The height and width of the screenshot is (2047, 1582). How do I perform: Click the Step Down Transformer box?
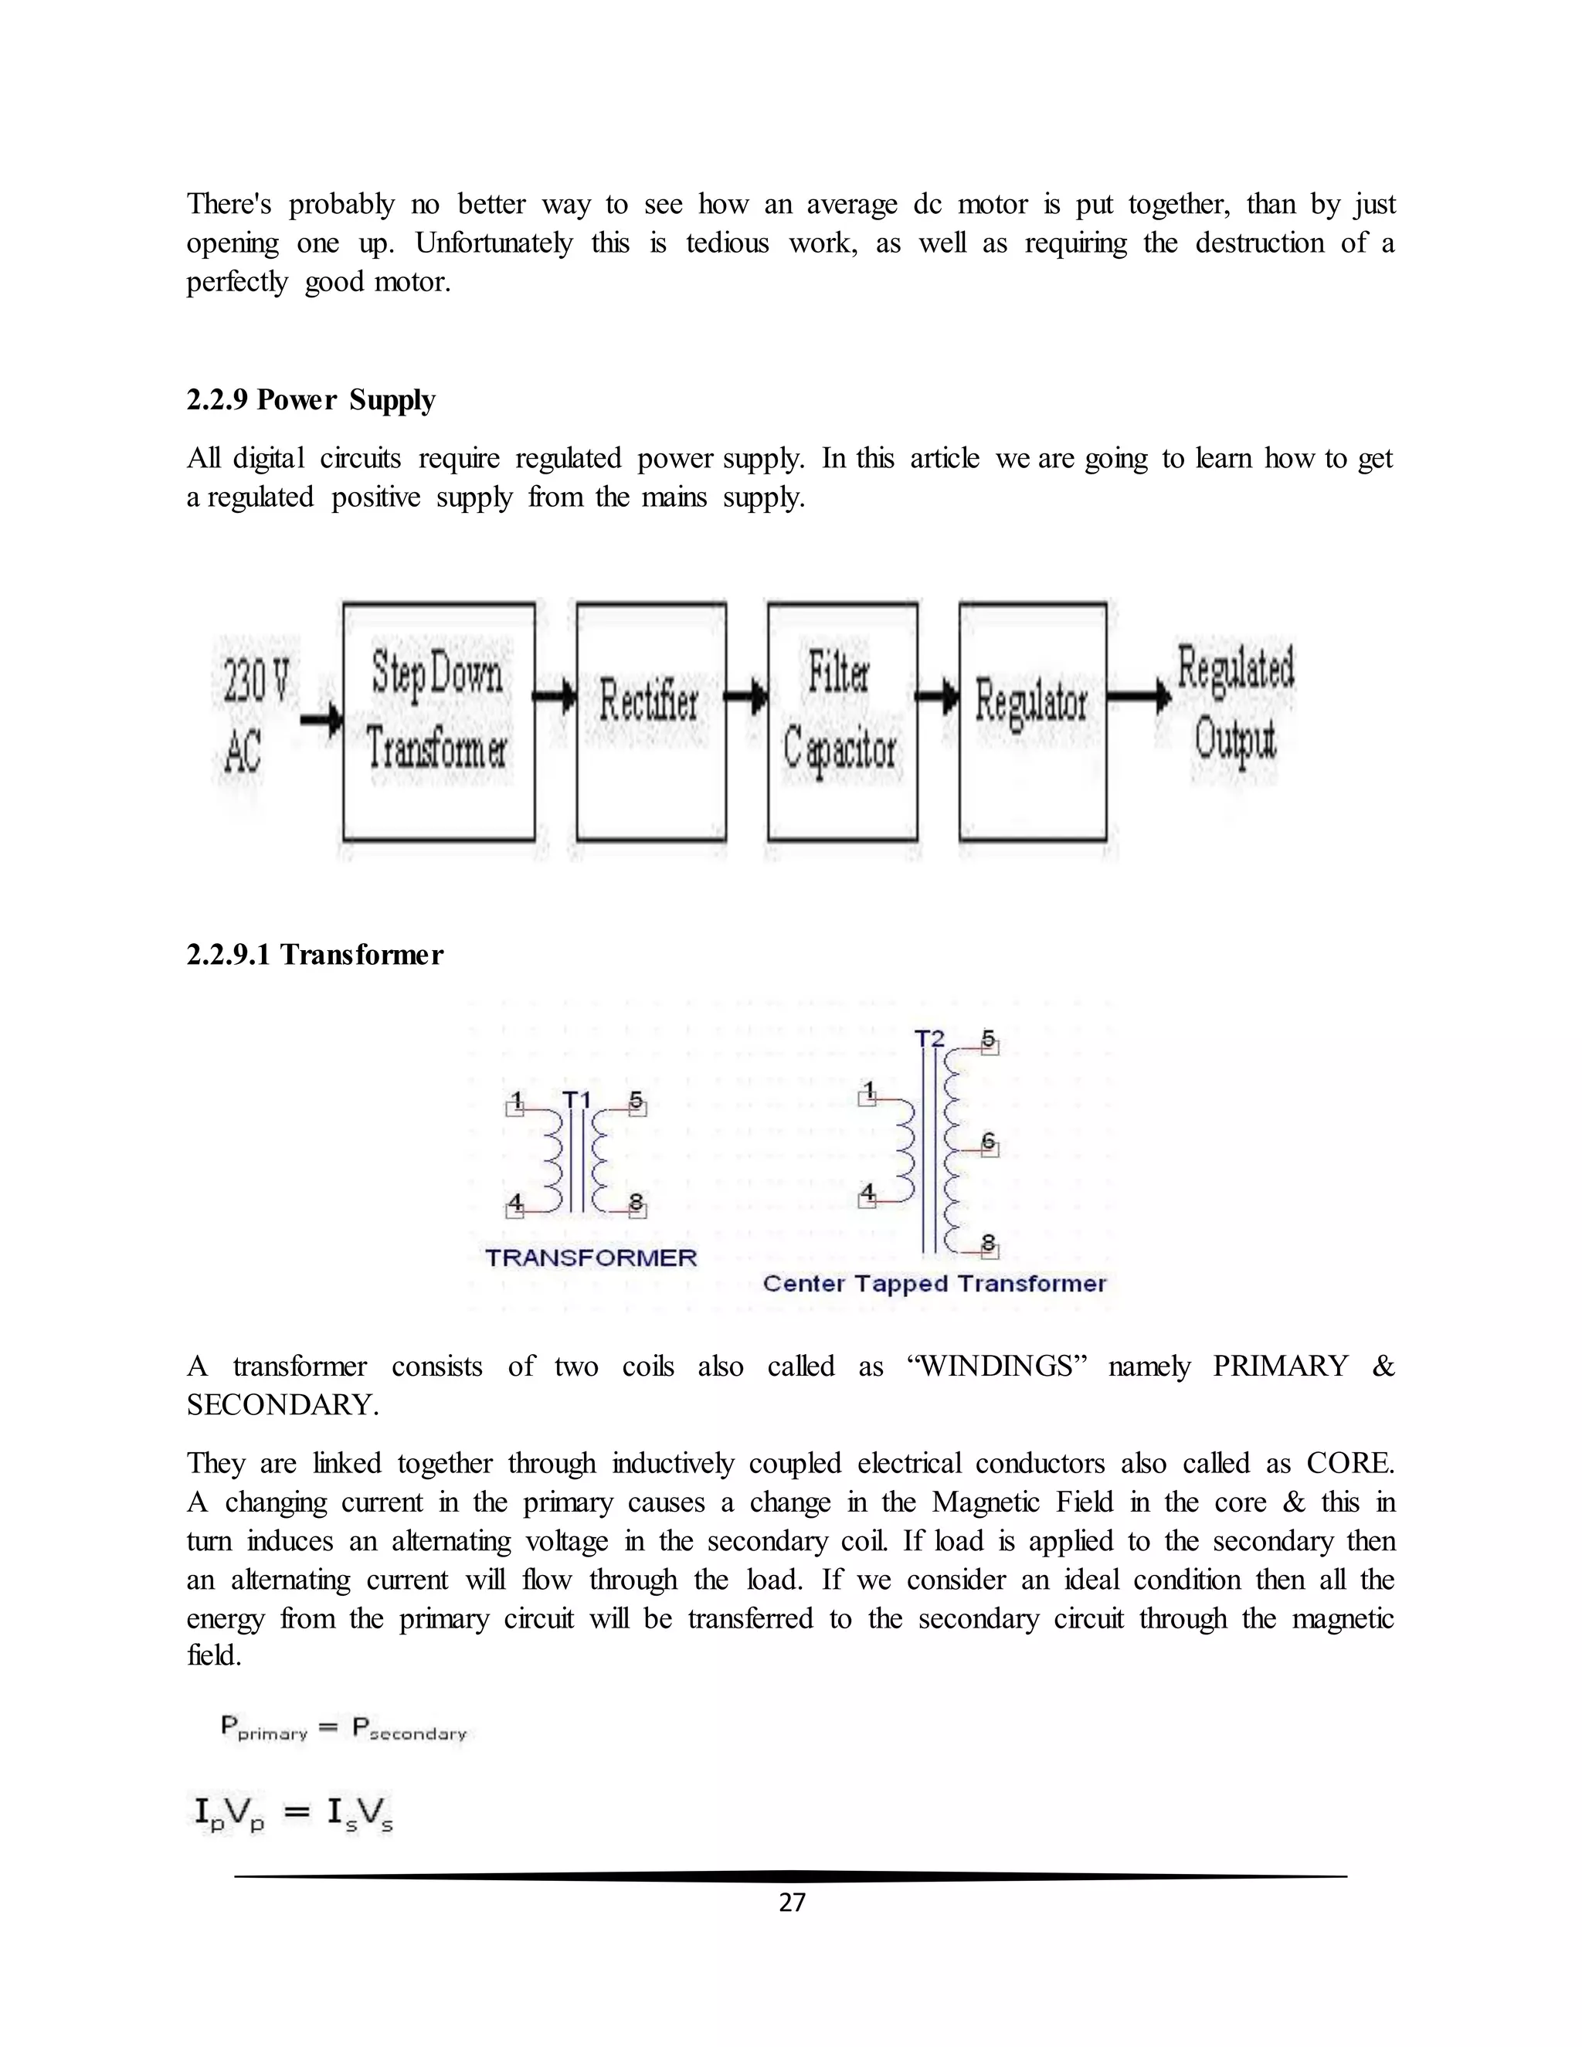tap(439, 720)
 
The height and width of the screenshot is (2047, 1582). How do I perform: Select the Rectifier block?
tap(650, 720)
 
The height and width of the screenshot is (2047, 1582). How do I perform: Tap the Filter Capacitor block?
tap(842, 720)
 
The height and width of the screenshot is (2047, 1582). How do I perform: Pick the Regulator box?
tap(1032, 720)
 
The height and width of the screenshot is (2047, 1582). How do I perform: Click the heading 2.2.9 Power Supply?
tap(311, 400)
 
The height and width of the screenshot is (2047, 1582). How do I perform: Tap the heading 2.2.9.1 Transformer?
tap(315, 955)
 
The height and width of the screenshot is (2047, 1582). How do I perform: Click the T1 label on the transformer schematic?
tap(576, 1098)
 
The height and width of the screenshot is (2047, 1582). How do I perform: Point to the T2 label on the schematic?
tap(928, 1038)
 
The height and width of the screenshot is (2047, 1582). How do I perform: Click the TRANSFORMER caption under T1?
tap(590, 1258)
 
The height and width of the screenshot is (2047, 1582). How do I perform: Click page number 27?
tap(792, 1902)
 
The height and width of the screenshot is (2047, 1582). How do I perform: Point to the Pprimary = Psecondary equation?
tap(343, 1727)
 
